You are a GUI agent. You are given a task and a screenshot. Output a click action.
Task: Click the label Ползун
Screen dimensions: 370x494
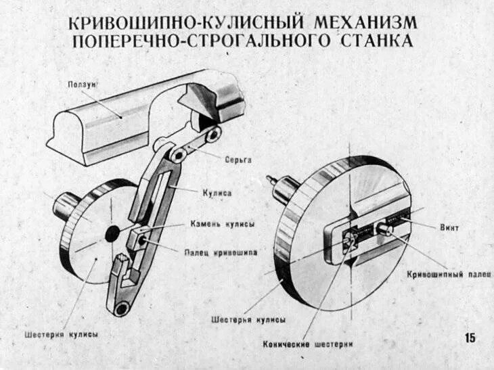coord(83,85)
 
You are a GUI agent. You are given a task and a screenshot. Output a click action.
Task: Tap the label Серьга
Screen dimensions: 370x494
coord(238,160)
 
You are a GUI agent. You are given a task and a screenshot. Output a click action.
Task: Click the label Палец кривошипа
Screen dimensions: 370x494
coord(221,252)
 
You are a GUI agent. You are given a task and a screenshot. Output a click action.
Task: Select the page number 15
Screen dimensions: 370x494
coord(470,338)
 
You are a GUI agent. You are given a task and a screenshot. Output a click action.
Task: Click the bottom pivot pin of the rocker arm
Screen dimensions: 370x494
coord(122,309)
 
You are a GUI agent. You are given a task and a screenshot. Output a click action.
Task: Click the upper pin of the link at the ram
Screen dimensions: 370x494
coord(212,135)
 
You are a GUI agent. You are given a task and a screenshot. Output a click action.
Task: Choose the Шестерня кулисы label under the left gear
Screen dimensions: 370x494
coord(61,335)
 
